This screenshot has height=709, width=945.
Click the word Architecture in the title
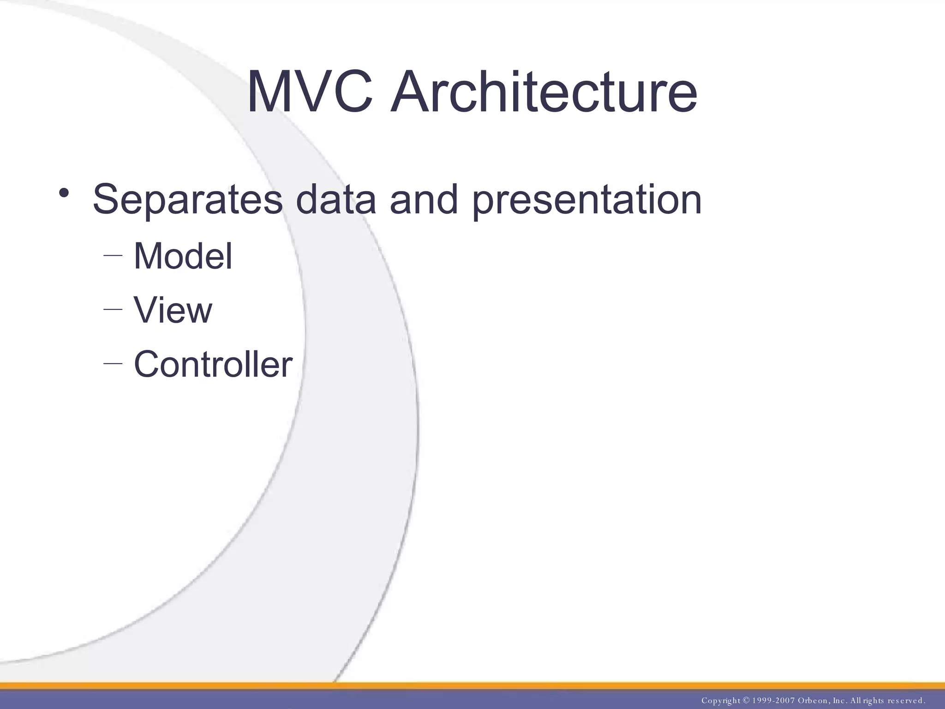(544, 92)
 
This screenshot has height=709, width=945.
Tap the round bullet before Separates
(64, 192)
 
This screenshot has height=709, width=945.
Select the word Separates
(187, 199)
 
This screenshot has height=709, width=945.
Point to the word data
(335, 199)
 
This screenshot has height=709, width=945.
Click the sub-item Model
(183, 256)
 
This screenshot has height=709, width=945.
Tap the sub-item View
(173, 310)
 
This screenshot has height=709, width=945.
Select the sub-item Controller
(213, 364)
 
